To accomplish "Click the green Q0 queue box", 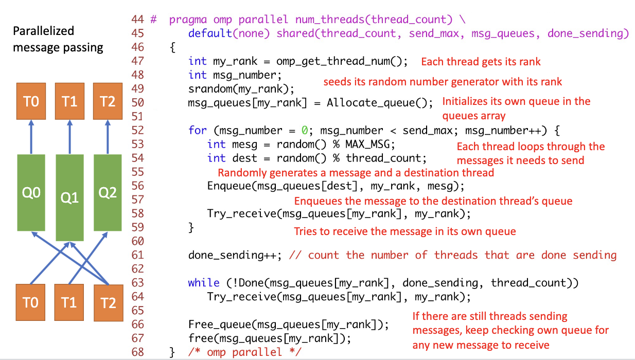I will tap(31, 192).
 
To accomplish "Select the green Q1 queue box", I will tap(69, 197).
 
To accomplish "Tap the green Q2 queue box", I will tap(108, 192).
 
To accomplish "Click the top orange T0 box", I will tap(31, 101).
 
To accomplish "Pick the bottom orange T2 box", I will tap(108, 302).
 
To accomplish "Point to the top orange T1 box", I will tap(69, 101).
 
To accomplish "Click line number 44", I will tap(137, 20).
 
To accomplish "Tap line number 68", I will tap(137, 352).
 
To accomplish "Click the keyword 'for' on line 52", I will tap(197, 130).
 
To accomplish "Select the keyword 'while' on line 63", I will tap(204, 283).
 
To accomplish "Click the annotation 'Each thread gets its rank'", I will tap(481, 62).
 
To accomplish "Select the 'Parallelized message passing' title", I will tap(58, 39).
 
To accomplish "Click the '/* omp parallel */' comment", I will tap(244, 352).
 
